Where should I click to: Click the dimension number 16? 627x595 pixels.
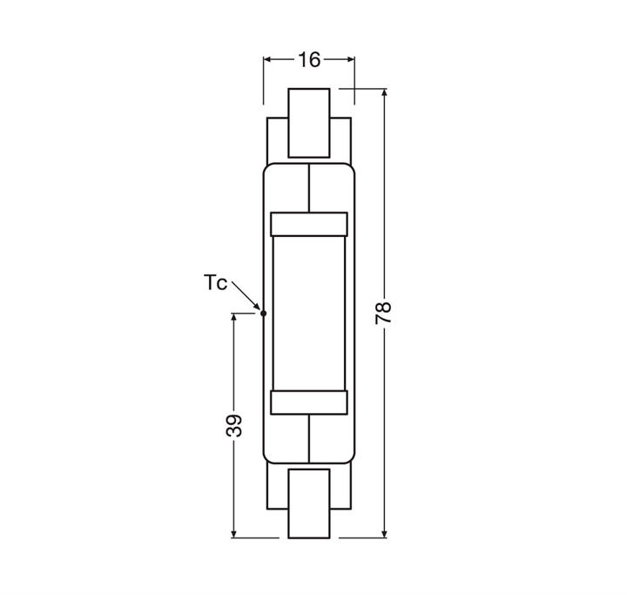(309, 60)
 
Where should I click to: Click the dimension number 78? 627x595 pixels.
(383, 313)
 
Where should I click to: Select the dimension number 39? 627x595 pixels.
(234, 426)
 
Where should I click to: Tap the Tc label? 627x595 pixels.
(215, 282)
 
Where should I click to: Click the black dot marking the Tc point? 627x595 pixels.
(263, 314)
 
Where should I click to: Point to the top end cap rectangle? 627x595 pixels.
(309, 123)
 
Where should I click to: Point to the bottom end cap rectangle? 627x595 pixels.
(309, 504)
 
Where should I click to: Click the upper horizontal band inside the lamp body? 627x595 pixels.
(309, 224)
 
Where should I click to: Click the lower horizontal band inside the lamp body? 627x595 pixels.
(309, 402)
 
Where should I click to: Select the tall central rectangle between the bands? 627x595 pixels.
(309, 314)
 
